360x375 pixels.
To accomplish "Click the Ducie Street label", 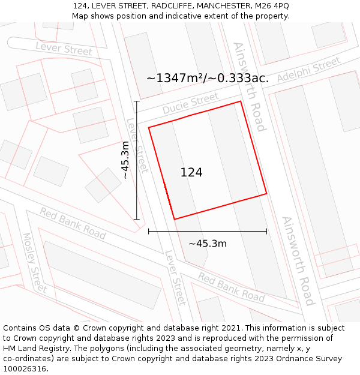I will click(x=190, y=104).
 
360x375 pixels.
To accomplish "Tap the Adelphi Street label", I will click(x=308, y=70).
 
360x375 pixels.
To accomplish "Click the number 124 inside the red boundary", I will click(x=191, y=173).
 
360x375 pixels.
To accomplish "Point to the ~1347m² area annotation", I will click(x=207, y=78).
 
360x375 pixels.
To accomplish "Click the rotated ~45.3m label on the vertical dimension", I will click(x=125, y=160).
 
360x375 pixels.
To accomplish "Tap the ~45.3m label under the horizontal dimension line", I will click(x=208, y=244).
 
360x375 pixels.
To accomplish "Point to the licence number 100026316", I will click(x=26, y=369).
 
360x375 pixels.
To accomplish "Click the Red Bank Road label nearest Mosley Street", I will click(x=73, y=223).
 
